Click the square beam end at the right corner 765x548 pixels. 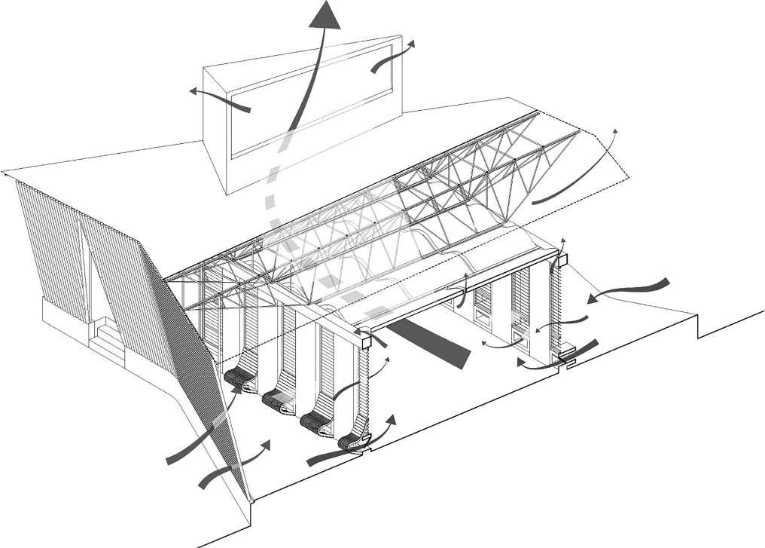coord(562,260)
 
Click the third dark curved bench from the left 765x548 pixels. coord(313,423)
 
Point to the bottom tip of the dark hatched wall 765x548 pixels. coord(248,499)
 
